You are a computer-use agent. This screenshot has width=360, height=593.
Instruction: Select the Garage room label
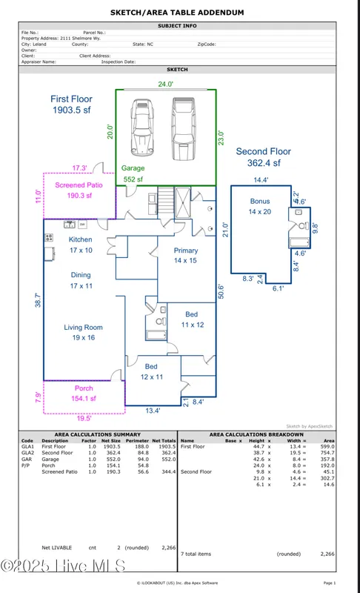pyautogui.click(x=133, y=168)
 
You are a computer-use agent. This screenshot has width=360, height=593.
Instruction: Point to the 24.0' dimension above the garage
pyautogui.click(x=166, y=84)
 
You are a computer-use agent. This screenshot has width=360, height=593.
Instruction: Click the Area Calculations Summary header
pyautogui.click(x=98, y=434)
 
